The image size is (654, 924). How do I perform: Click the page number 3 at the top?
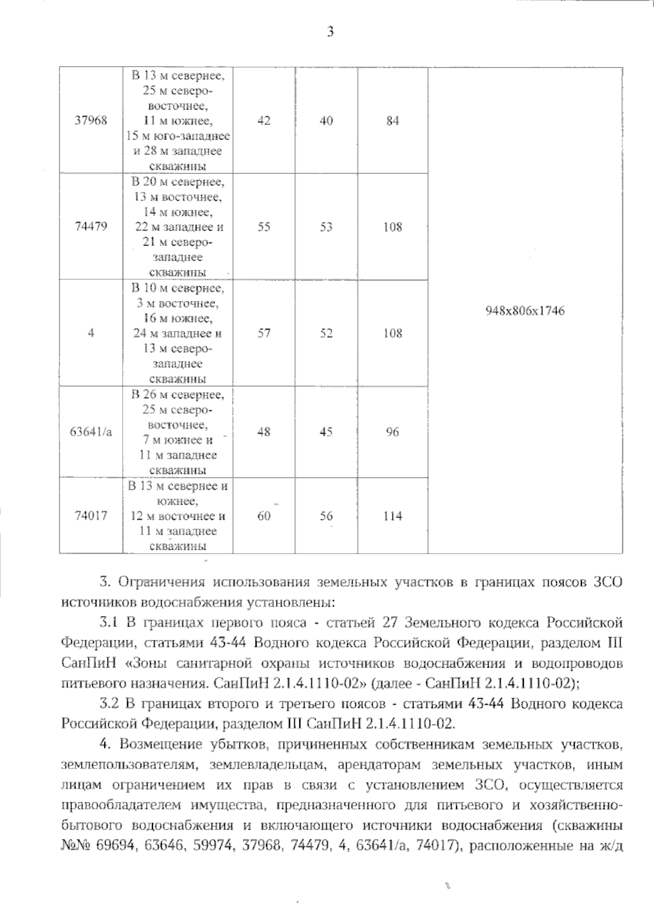click(x=330, y=32)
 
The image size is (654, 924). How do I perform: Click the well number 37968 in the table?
click(x=91, y=121)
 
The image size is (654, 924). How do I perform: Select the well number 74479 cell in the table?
click(x=91, y=227)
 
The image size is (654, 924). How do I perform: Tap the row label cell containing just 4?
click(x=91, y=333)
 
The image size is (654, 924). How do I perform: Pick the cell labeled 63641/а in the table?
click(x=91, y=432)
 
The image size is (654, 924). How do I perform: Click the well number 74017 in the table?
click(x=91, y=516)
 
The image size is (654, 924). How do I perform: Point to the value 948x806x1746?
click(x=525, y=311)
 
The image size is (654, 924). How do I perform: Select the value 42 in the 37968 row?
click(x=264, y=121)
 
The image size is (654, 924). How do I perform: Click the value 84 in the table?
click(x=392, y=121)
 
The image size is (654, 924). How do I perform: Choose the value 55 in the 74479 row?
click(x=264, y=227)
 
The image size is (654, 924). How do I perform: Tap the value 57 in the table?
click(x=264, y=333)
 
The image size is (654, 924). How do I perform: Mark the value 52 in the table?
click(x=326, y=333)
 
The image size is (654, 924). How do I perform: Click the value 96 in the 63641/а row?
click(x=392, y=432)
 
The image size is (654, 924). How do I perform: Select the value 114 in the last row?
click(x=392, y=516)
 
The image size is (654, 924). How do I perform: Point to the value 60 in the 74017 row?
click(x=264, y=516)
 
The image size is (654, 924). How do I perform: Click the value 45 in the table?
click(x=326, y=432)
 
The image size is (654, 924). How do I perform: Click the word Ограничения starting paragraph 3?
click(x=162, y=581)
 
